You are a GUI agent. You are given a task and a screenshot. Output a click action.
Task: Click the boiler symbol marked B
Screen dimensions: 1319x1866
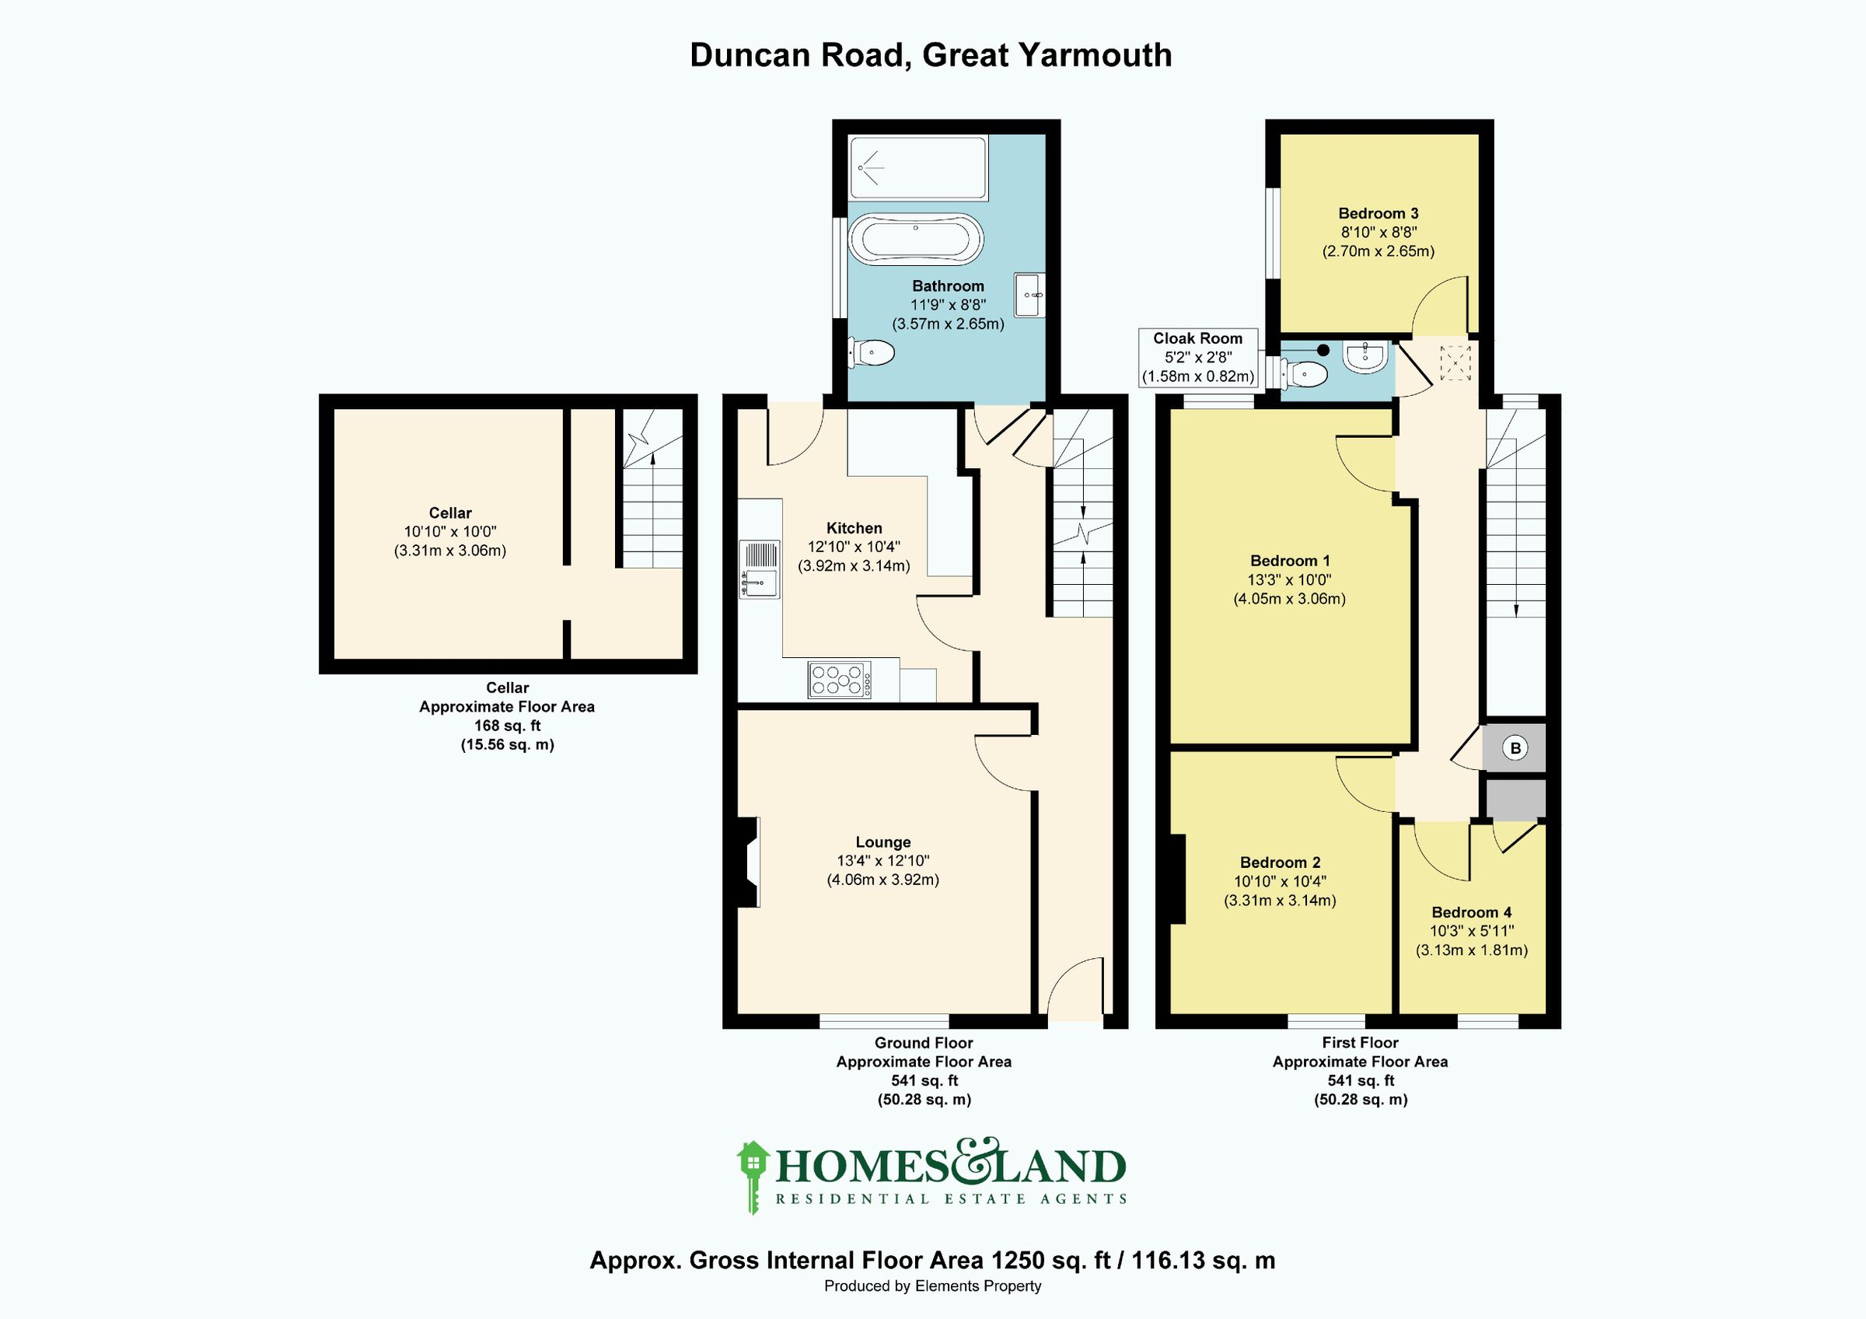pyautogui.click(x=1515, y=747)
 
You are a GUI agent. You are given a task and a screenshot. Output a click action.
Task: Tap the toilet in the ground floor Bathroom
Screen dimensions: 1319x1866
pyautogui.click(x=872, y=352)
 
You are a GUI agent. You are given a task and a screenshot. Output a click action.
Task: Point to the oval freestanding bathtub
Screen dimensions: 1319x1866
pyautogui.click(x=916, y=239)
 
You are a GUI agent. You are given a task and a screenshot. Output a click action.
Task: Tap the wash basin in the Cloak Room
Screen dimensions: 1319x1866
pyautogui.click(x=1365, y=356)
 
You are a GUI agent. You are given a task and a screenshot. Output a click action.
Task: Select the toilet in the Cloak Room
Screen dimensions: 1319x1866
pyautogui.click(x=1306, y=374)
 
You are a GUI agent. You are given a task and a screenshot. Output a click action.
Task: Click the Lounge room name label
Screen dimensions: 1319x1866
pyautogui.click(x=882, y=842)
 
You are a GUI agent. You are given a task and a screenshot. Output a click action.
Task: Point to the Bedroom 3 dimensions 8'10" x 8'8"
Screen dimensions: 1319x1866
pyautogui.click(x=1379, y=233)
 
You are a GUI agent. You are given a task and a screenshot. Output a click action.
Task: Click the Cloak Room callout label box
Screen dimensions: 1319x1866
pyautogui.click(x=1198, y=358)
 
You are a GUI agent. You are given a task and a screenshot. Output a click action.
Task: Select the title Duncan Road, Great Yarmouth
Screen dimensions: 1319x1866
pyautogui.click(x=931, y=55)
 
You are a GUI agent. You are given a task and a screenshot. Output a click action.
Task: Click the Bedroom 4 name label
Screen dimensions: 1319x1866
pyautogui.click(x=1472, y=911)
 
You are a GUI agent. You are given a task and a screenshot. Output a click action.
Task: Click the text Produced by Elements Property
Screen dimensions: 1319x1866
pyautogui.click(x=932, y=1286)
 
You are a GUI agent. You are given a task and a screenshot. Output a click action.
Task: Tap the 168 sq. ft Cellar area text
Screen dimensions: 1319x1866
pyautogui.click(x=507, y=726)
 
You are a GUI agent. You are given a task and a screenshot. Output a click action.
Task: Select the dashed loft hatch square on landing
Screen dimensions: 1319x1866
pyautogui.click(x=1455, y=362)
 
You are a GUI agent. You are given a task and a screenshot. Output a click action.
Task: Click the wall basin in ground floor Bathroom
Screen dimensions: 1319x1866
pyautogui.click(x=1029, y=295)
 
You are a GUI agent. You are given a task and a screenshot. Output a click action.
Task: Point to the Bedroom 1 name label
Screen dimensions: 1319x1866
pyautogui.click(x=1290, y=560)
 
